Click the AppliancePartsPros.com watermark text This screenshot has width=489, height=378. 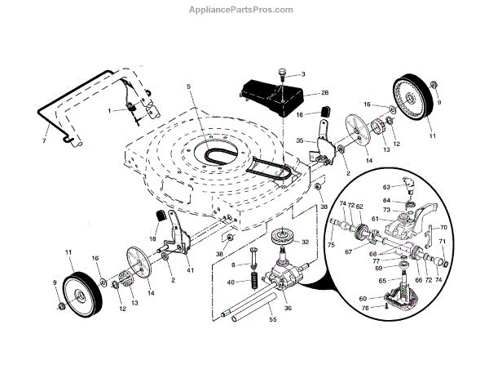click(244, 9)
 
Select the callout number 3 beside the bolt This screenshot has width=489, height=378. click(302, 74)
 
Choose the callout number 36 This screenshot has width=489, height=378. click(287, 308)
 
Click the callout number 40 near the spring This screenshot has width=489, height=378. click(231, 282)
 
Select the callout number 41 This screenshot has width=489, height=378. click(191, 269)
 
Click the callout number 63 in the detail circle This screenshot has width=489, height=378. click(388, 187)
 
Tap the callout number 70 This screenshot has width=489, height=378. click(443, 227)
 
